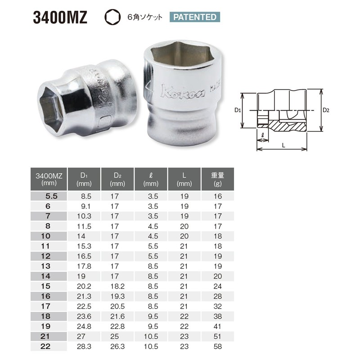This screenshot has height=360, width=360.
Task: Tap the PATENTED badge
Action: (195, 18)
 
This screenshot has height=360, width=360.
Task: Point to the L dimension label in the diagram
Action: (283, 145)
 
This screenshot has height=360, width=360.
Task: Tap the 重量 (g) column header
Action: (217, 180)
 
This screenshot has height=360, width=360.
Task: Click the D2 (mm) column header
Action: (118, 180)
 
